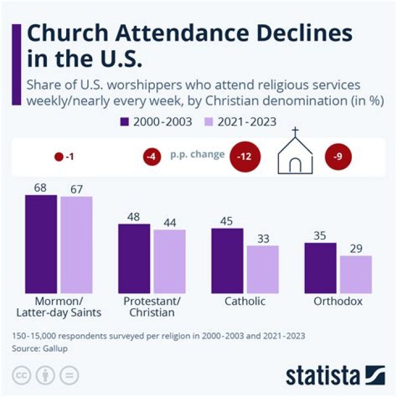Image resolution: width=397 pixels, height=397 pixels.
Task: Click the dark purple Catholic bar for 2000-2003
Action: coord(227,260)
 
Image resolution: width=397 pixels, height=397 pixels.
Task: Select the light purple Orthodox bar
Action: coord(356,274)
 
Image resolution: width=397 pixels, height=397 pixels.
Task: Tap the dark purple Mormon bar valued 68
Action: coord(41,244)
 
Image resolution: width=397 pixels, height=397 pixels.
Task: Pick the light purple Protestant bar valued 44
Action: coord(169,261)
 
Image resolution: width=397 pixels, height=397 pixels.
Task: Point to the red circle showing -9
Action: coord(338,157)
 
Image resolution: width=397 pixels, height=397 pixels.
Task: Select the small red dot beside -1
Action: coord(59,157)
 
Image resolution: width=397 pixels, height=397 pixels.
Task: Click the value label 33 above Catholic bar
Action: coord(262,239)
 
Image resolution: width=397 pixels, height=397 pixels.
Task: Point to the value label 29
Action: coord(356,249)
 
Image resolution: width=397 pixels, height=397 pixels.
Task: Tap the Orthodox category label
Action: coord(338,302)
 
